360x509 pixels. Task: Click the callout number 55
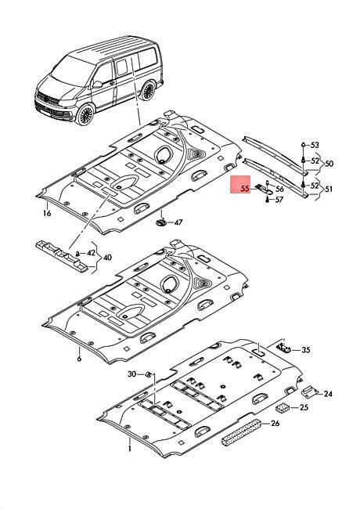(x=246, y=188)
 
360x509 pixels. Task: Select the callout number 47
(x=178, y=222)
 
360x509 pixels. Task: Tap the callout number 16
(x=47, y=213)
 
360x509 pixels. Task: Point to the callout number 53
(x=315, y=145)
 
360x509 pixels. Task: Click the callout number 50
(x=329, y=164)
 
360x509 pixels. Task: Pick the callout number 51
(x=329, y=189)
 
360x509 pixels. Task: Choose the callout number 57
(x=279, y=200)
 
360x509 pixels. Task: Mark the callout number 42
(x=92, y=253)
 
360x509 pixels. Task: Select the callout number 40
(x=107, y=258)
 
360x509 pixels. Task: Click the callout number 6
(x=79, y=359)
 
